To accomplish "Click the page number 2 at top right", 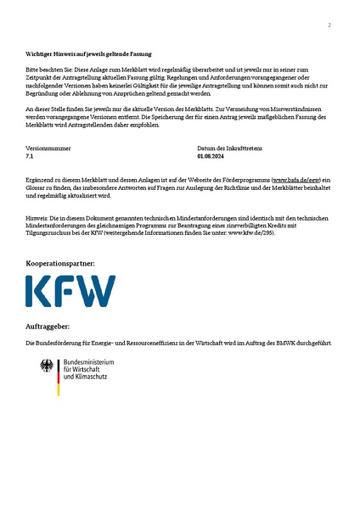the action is coord(329,25).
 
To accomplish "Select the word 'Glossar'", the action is coord(37,188).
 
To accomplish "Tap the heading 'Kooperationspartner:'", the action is coord(60,264).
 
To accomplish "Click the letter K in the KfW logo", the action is coord(39,291).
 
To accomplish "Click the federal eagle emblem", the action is coord(47,367).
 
